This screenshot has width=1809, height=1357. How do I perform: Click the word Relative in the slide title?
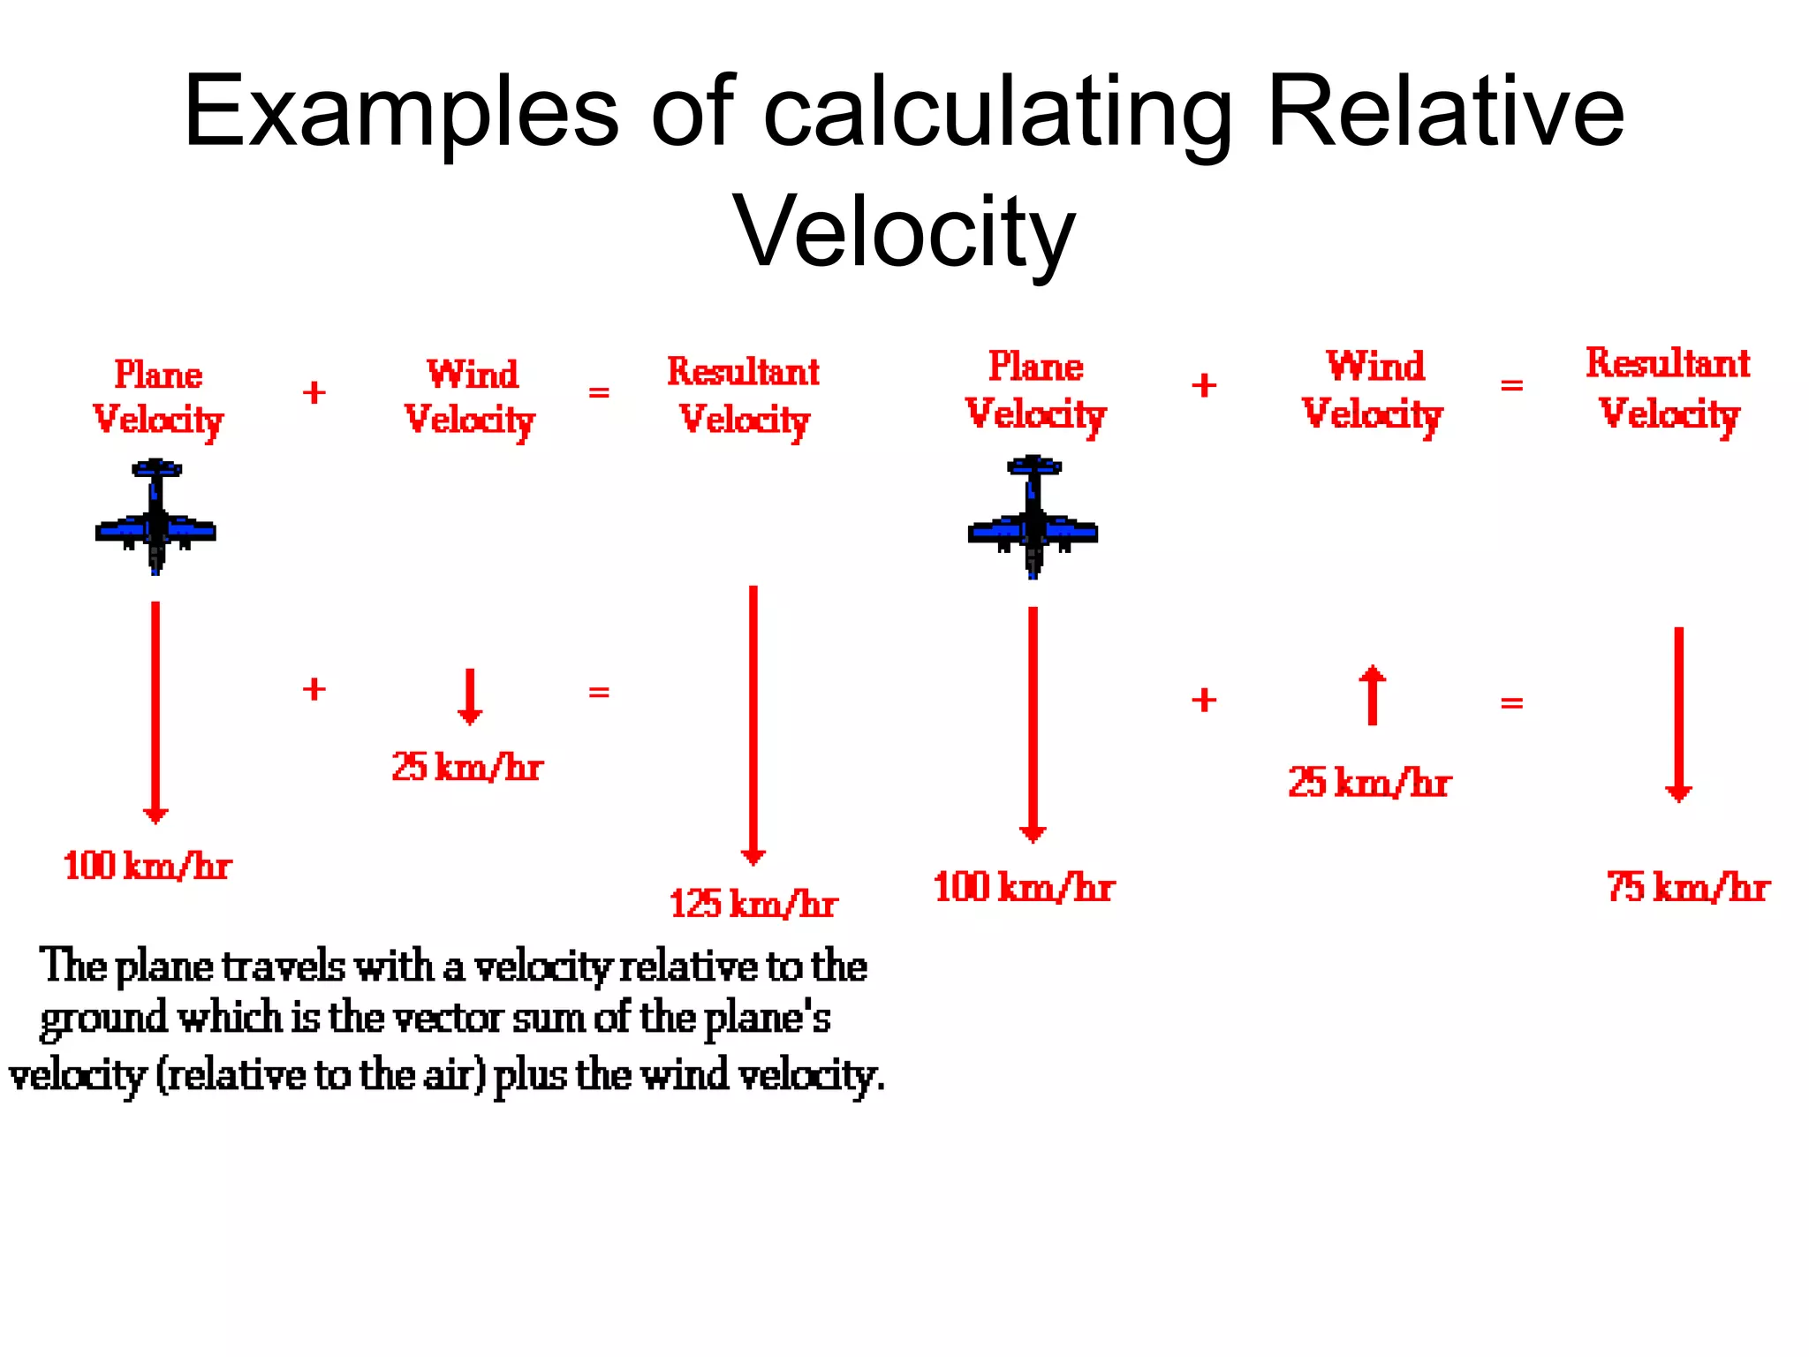[x=1445, y=112]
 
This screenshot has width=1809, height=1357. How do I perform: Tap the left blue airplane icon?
[x=155, y=518]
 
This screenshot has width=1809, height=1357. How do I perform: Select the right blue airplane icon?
[x=1033, y=518]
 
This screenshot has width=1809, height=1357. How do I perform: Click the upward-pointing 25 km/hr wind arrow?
[x=1372, y=694]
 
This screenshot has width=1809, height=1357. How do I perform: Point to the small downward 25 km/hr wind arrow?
[x=470, y=697]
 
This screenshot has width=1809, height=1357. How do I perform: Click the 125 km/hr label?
[x=753, y=904]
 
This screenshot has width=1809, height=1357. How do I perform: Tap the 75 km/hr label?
[x=1687, y=887]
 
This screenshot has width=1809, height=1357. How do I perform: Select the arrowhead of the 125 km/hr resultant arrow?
[x=753, y=855]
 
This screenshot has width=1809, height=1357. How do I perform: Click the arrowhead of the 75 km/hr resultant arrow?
[x=1678, y=792]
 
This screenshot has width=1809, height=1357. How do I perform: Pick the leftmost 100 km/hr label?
[x=147, y=866]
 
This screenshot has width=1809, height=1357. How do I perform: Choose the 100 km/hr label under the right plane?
[x=1024, y=887]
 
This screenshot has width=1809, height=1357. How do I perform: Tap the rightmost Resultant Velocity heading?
[x=1668, y=388]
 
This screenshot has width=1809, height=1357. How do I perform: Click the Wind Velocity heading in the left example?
[x=470, y=397]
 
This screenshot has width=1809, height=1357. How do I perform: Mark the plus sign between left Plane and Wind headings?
[x=314, y=392]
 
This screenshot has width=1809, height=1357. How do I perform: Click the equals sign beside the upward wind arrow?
[x=1511, y=703]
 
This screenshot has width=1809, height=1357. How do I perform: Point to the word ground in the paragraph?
[x=103, y=1019]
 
